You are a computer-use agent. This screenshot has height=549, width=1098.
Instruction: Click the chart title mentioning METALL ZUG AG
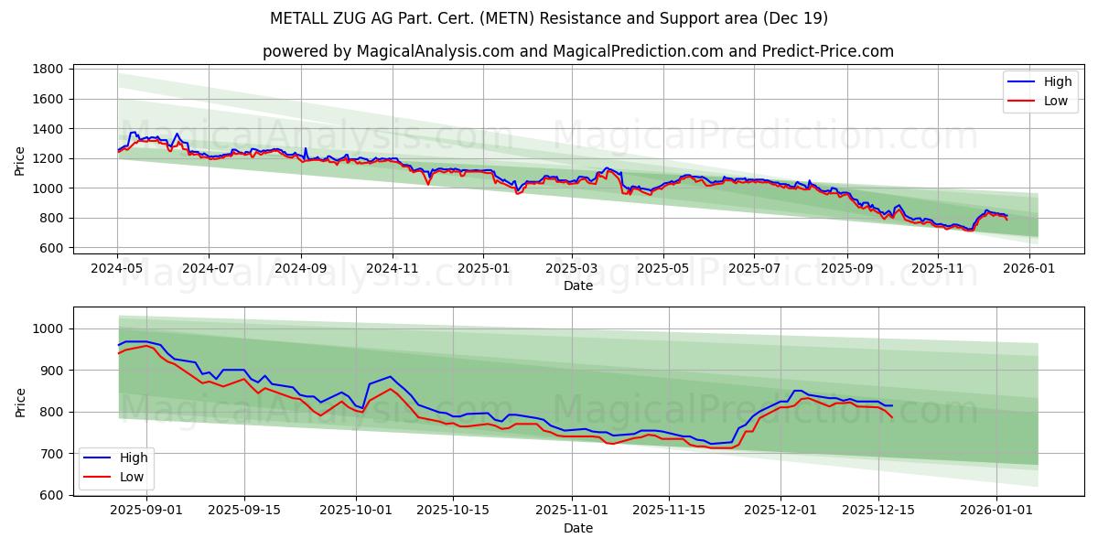pyautogui.click(x=548, y=18)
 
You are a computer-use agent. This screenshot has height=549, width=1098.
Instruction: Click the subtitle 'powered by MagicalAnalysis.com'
pyautogui.click(x=577, y=51)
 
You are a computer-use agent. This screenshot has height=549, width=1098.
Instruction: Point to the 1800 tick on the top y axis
pyautogui.click(x=47, y=70)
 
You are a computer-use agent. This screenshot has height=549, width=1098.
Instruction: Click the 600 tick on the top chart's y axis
pyautogui.click(x=50, y=248)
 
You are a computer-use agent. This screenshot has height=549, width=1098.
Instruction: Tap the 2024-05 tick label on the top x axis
pyautogui.click(x=117, y=269)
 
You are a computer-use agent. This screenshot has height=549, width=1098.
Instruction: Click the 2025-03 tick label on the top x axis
pyautogui.click(x=572, y=269)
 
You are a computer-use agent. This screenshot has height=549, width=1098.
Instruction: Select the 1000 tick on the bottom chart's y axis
pyautogui.click(x=47, y=329)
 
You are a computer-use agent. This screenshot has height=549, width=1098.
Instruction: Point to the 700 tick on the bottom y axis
pyautogui.click(x=50, y=454)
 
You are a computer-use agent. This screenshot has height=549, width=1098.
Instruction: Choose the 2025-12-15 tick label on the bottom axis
pyautogui.click(x=878, y=511)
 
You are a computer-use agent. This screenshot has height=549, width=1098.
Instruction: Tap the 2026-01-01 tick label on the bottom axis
pyautogui.click(x=997, y=511)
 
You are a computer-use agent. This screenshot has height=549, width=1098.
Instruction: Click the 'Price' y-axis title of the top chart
pyautogui.click(x=20, y=161)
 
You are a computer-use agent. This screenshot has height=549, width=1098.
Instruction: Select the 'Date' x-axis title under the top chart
pyautogui.click(x=577, y=285)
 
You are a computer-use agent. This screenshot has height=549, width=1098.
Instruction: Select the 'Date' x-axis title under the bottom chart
pyautogui.click(x=577, y=528)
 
